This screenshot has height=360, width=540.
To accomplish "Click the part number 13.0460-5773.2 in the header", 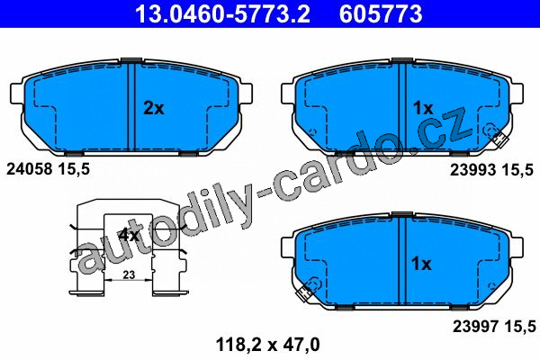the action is [222, 13].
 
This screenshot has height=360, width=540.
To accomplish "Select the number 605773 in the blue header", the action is [381, 13].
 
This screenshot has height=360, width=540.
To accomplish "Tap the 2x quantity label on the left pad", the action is [154, 108].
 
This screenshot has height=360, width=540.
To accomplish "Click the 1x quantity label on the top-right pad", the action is [423, 108].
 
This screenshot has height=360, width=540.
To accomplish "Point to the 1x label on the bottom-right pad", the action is [421, 264].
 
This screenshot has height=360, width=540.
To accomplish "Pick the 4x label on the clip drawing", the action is [129, 235].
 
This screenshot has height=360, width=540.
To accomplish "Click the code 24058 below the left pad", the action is [30, 169].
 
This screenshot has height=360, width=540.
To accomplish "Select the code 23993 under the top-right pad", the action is [473, 169].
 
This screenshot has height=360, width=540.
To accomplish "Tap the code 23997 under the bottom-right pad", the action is [475, 326].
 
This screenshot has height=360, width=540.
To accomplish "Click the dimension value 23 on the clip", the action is [129, 274].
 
